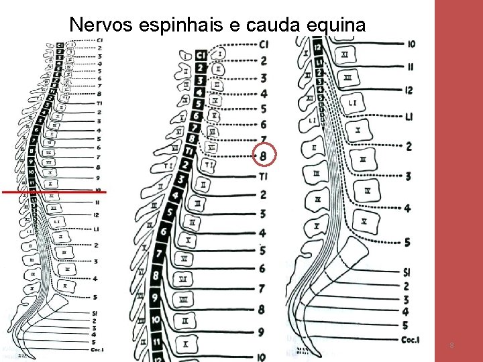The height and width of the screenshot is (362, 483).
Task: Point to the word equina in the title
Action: click(x=337, y=25)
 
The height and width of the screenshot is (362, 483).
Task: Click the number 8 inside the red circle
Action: click(x=263, y=156)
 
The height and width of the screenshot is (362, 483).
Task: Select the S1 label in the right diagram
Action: click(x=408, y=271)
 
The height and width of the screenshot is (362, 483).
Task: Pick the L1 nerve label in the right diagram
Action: click(x=409, y=117)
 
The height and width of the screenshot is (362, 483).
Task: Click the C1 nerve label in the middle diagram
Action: click(x=264, y=44)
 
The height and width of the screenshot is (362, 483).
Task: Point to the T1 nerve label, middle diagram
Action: click(x=263, y=176)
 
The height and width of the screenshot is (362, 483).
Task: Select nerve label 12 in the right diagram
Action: click(x=409, y=90)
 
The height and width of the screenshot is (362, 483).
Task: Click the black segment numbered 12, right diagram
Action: click(x=318, y=48)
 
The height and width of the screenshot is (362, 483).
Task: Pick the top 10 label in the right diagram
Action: click(x=411, y=44)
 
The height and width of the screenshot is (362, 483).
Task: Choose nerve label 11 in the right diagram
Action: click(x=409, y=66)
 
